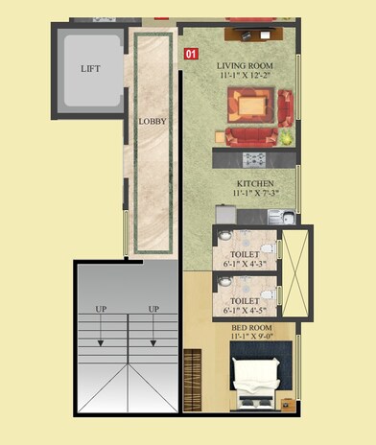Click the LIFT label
point(91,69)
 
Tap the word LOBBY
point(153,122)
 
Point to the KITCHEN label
point(255,182)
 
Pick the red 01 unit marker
point(191,55)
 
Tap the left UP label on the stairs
point(101,309)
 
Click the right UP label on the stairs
point(153,309)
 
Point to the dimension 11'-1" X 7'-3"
point(255,194)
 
